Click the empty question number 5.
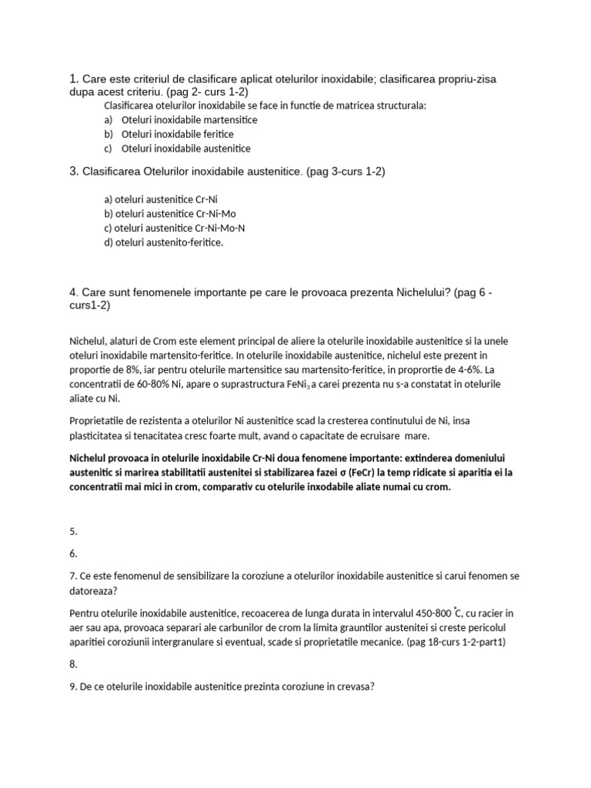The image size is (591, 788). click(x=73, y=530)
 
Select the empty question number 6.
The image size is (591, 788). click(x=73, y=553)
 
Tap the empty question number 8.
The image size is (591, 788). click(x=73, y=663)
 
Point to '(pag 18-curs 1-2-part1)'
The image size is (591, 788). click(x=455, y=642)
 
